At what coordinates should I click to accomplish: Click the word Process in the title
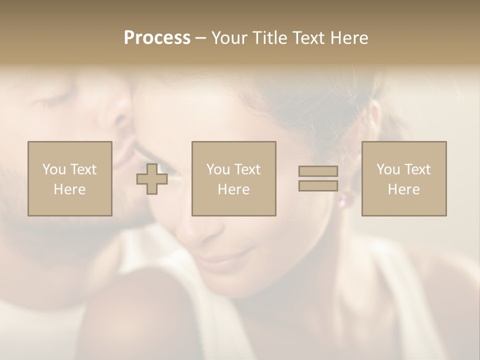click(157, 37)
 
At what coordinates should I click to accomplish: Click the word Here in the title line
click(350, 38)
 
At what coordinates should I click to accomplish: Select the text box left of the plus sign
click(69, 178)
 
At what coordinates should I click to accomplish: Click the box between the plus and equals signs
click(233, 178)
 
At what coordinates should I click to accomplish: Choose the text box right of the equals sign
click(403, 178)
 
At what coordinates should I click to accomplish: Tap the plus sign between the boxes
click(152, 179)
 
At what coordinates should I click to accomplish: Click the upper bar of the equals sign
click(318, 171)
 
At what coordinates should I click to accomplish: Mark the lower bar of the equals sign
click(318, 185)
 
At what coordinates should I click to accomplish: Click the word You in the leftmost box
click(54, 169)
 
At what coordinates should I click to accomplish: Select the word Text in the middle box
click(247, 169)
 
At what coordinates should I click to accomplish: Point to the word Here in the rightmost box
click(403, 189)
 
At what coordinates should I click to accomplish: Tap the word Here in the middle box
click(233, 189)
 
